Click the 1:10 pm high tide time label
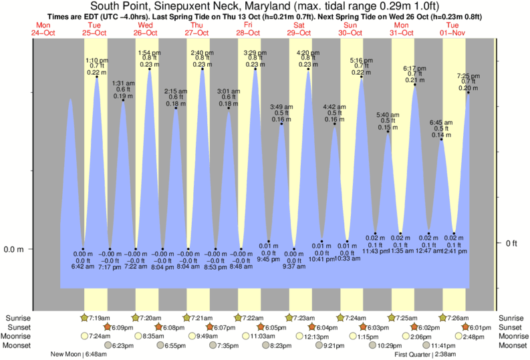97,60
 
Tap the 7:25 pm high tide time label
468,75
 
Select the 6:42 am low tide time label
83,267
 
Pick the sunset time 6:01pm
479,327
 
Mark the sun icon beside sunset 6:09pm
110,327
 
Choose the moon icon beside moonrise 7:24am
84,337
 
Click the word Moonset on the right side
511,346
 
